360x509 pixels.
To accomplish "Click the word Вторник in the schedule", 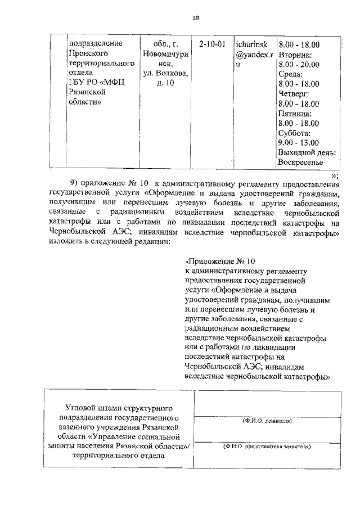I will (298, 54).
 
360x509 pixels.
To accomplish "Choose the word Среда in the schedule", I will (291, 74).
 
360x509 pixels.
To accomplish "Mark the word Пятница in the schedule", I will (296, 114).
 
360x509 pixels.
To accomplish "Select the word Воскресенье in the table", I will (300, 163).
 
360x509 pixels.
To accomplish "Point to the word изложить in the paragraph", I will (66, 241).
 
